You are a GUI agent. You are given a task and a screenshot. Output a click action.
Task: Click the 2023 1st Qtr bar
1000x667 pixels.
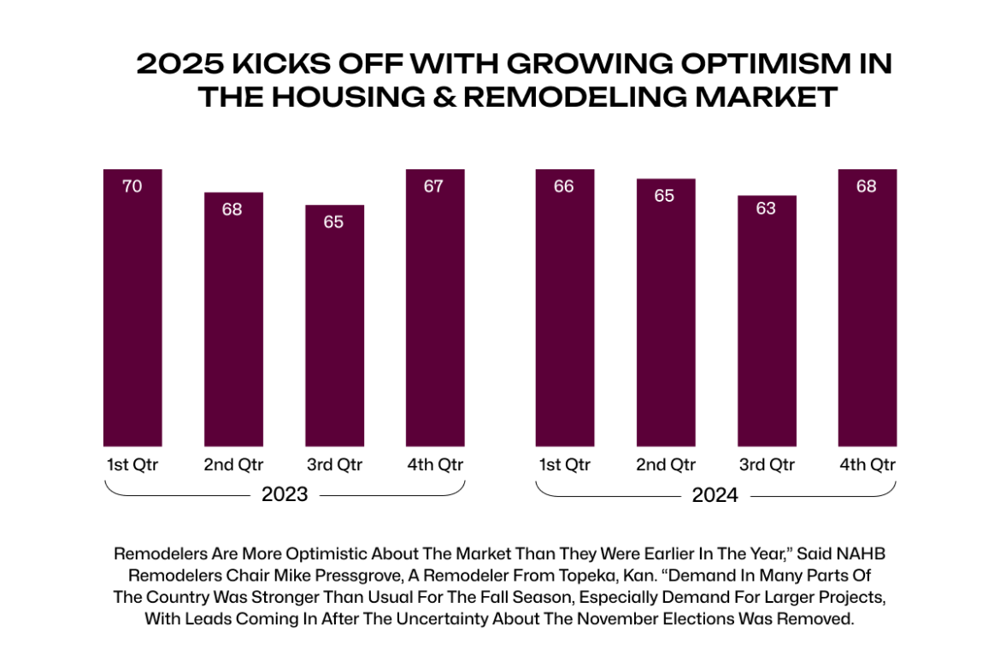click(132, 308)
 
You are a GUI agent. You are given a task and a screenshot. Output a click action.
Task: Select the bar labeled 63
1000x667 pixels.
click(767, 321)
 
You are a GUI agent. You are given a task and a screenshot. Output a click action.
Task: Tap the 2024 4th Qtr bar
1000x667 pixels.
click(867, 308)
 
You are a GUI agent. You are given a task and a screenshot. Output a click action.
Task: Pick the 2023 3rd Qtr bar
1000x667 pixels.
click(334, 325)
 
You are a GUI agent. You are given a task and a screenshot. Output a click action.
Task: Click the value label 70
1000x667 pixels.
click(132, 186)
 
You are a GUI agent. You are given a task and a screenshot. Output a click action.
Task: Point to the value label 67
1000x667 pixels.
click(434, 186)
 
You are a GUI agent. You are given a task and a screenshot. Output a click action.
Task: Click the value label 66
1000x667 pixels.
click(564, 186)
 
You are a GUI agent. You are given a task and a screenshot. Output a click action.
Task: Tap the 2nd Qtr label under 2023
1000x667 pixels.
click(233, 465)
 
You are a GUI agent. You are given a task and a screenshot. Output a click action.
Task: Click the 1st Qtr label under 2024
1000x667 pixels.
click(564, 465)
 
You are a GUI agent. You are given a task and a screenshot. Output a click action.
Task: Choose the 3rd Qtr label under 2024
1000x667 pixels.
click(767, 465)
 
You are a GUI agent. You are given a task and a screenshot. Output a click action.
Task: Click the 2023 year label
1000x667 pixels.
click(285, 495)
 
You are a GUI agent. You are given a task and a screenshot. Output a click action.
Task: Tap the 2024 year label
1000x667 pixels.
click(715, 495)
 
